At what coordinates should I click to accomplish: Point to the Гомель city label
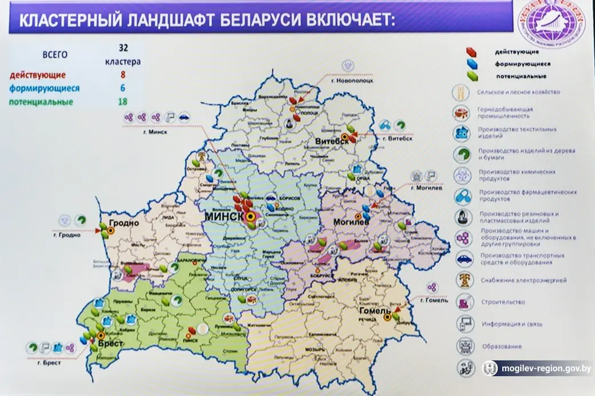pyautogui.click(x=375, y=311)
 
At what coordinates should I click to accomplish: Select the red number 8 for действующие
pyautogui.click(x=122, y=74)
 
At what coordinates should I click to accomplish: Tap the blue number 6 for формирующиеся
pyautogui.click(x=122, y=89)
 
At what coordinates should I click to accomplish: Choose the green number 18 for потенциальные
pyautogui.click(x=122, y=102)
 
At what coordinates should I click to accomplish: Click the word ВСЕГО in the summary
pyautogui.click(x=55, y=55)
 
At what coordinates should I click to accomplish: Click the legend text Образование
pyautogui.click(x=501, y=346)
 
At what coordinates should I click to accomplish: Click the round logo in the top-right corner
pyautogui.click(x=552, y=24)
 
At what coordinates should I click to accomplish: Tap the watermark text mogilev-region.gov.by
pyautogui.click(x=546, y=369)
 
